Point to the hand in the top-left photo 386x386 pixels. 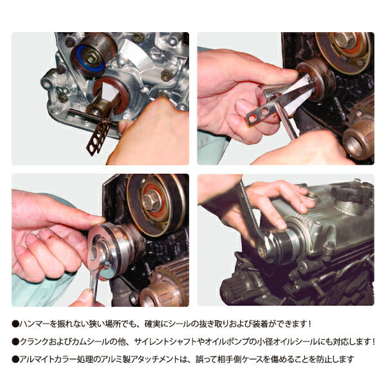click(x=148, y=135)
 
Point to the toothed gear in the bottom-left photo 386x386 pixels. click(x=161, y=289)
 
